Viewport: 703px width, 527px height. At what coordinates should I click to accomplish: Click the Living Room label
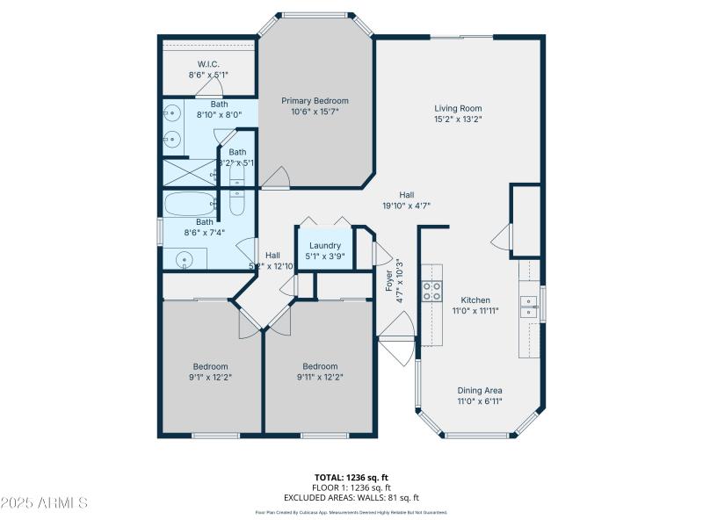pyautogui.click(x=459, y=109)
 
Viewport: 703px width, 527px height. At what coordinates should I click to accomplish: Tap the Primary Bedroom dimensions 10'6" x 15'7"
pyautogui.click(x=314, y=112)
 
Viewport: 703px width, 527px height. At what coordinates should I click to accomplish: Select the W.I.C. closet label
pyautogui.click(x=208, y=64)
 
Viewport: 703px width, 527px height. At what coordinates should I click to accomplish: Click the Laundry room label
pyautogui.click(x=324, y=246)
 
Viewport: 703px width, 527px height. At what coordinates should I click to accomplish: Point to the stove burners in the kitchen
pyautogui.click(x=431, y=292)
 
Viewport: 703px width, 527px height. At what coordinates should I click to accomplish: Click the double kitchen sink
pyautogui.click(x=530, y=306)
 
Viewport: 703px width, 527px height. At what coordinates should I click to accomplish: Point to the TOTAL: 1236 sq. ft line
pyautogui.click(x=351, y=477)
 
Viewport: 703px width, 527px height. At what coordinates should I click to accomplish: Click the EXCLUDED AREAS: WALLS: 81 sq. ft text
pyautogui.click(x=351, y=498)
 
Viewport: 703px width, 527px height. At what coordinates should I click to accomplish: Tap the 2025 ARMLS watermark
pyautogui.click(x=44, y=503)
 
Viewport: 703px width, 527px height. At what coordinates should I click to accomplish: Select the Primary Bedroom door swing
pyautogui.click(x=276, y=177)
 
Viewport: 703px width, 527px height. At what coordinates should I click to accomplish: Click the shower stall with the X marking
pyautogui.click(x=189, y=170)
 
